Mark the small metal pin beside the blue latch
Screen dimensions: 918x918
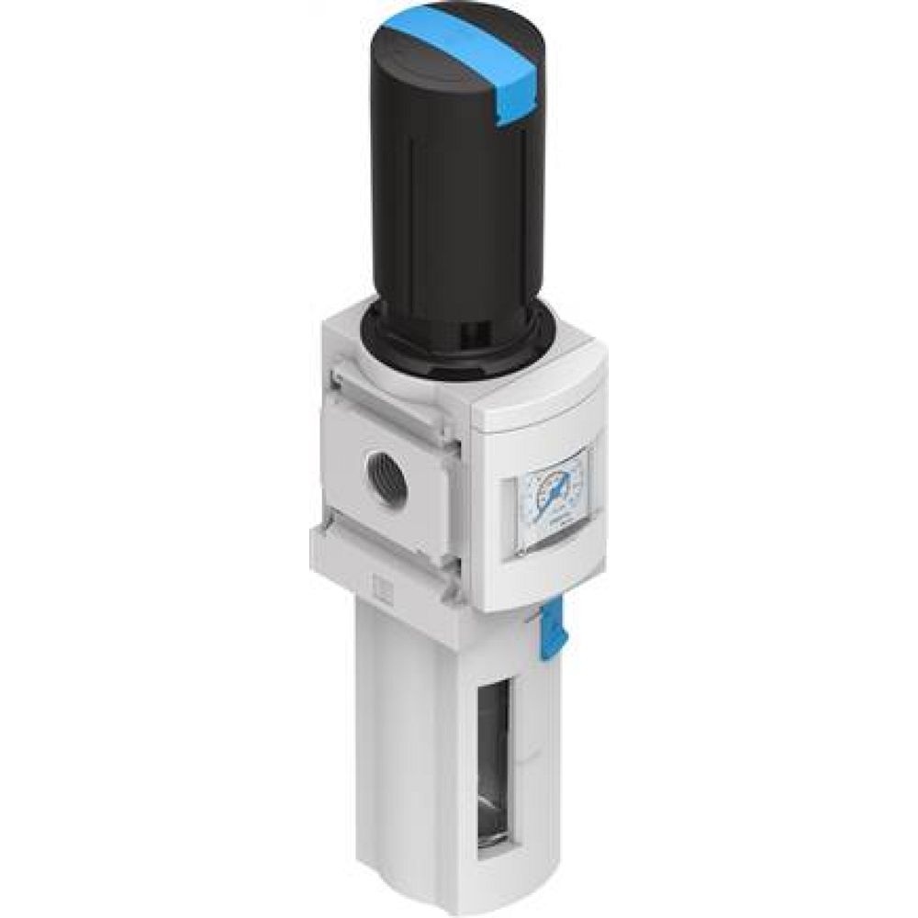tap(531, 624)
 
